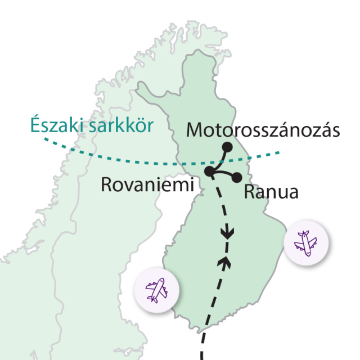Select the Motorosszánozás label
[263, 130]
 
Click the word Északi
[55, 125]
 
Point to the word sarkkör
[121, 125]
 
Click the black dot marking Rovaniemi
[210, 171]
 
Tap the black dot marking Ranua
[237, 177]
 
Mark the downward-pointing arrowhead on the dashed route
[227, 233]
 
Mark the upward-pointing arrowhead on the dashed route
[227, 260]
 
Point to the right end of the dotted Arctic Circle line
[277, 152]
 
